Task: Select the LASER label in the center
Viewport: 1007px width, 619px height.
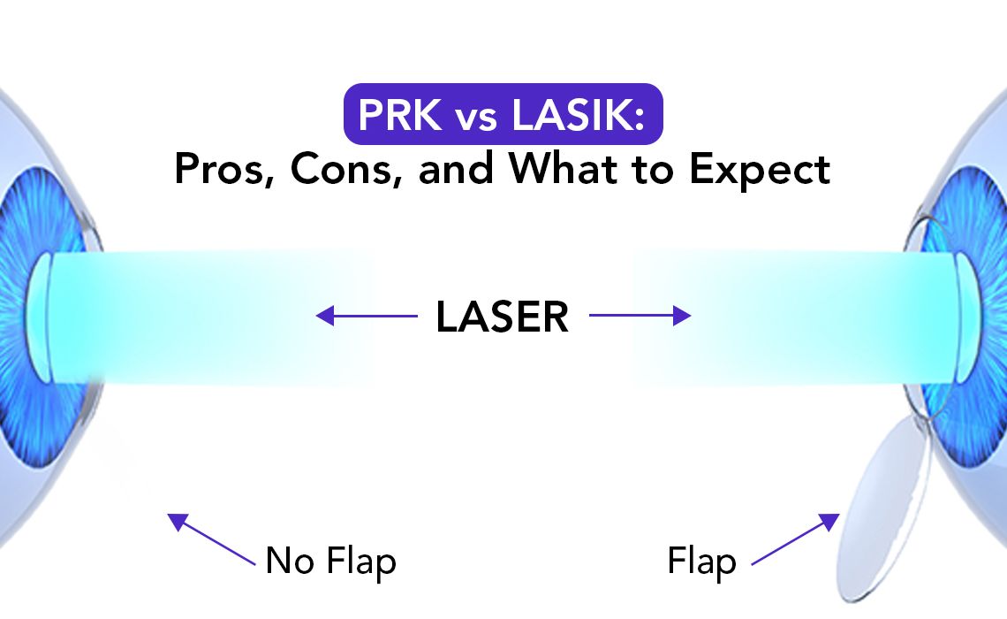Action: pyautogui.click(x=503, y=317)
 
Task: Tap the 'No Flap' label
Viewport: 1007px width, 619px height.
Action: pyautogui.click(x=331, y=561)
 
